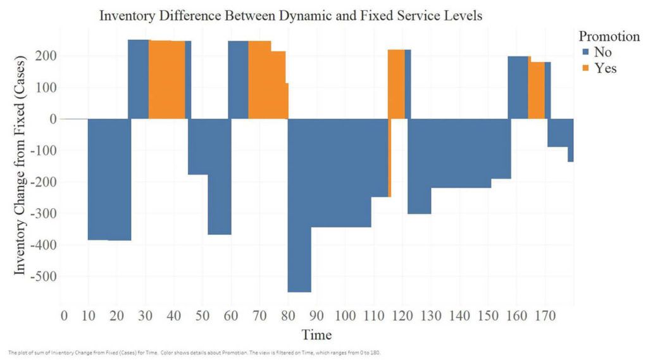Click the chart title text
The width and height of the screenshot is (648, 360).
point(290,16)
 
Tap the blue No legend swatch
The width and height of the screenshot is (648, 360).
point(585,53)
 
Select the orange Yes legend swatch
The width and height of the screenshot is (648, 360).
point(585,68)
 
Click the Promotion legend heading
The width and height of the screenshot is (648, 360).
point(609,36)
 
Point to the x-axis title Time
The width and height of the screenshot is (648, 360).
point(316,335)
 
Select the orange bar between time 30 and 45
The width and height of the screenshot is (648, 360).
point(167,80)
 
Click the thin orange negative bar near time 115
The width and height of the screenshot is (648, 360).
point(389,158)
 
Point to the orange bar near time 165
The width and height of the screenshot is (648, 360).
point(536,89)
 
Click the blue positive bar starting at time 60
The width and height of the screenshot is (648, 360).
point(238,80)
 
